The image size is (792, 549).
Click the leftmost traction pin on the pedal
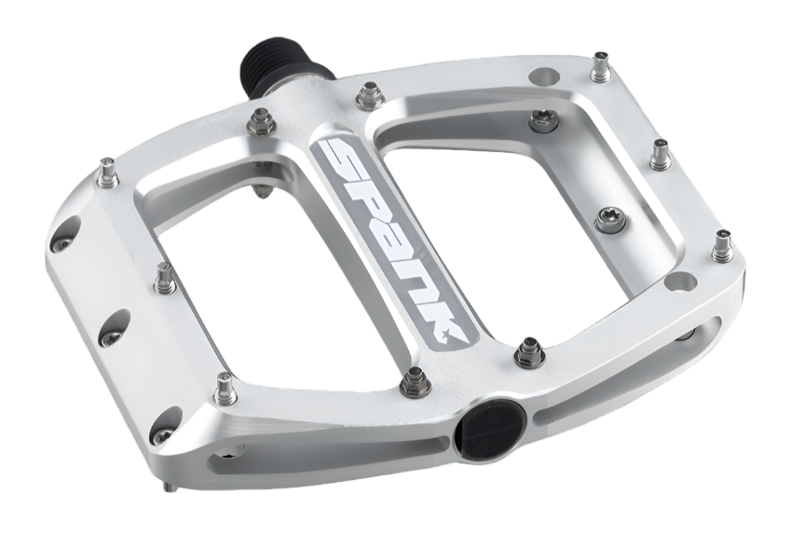point(108,172)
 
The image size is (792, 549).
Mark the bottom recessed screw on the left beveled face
point(162,434)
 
